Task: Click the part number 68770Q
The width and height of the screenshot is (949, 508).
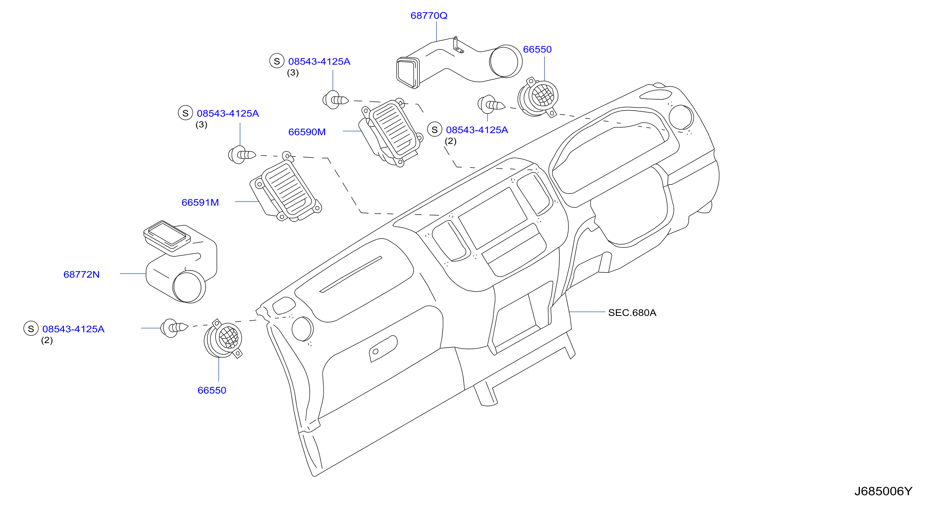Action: (429, 15)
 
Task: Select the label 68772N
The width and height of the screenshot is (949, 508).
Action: (82, 274)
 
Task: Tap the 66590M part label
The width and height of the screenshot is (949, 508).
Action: (307, 132)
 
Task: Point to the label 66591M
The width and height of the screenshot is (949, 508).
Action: (200, 202)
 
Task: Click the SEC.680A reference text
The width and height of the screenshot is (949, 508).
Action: (632, 313)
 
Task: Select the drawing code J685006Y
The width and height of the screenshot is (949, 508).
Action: (883, 491)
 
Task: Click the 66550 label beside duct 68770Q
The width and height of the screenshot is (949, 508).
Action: (537, 49)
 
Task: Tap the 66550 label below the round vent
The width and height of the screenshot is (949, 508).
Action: (212, 390)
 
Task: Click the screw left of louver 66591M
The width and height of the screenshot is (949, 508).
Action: (242, 155)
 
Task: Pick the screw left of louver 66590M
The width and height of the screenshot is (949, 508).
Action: (335, 100)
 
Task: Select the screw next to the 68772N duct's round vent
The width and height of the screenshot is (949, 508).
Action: (174, 328)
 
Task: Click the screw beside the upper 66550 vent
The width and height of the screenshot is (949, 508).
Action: (491, 105)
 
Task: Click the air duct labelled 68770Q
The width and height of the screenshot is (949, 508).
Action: (459, 63)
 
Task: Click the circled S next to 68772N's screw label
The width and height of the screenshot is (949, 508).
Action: (31, 329)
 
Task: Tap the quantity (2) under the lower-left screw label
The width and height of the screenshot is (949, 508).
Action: (47, 340)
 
